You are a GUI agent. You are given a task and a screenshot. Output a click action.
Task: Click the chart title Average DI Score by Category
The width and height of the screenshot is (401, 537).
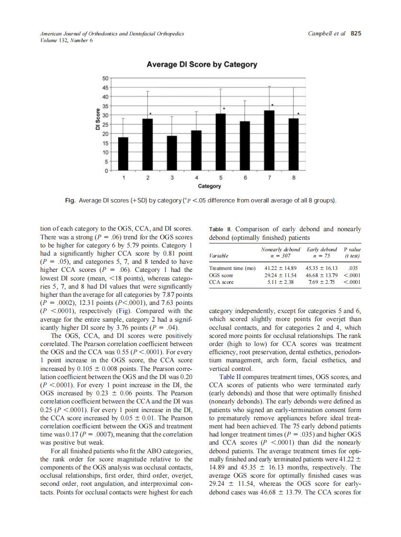click(x=201, y=64)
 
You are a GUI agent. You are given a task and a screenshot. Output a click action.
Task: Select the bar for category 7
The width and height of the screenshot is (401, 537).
click(x=269, y=140)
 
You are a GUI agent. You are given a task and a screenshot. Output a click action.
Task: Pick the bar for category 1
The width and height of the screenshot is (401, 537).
click(x=123, y=154)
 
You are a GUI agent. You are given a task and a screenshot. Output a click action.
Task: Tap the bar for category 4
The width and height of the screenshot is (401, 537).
click(x=196, y=150)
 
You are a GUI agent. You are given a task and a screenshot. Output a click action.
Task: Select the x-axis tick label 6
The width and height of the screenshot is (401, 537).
click(x=245, y=178)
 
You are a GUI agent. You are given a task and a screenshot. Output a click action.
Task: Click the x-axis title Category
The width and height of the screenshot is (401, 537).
click(x=209, y=186)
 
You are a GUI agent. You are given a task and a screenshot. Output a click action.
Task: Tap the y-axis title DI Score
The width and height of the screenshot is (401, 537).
click(x=97, y=120)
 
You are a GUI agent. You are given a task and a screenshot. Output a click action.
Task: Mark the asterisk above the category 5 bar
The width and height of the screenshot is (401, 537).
click(x=224, y=109)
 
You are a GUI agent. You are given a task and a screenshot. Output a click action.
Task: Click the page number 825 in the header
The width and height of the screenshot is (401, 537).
click(x=356, y=34)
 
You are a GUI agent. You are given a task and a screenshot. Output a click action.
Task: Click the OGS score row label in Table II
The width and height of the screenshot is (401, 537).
click(x=221, y=275)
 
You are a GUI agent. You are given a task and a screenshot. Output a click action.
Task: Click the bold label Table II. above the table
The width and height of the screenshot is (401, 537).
click(x=220, y=229)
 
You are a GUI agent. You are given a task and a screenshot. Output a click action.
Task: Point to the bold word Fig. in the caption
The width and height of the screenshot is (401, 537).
click(x=70, y=201)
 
